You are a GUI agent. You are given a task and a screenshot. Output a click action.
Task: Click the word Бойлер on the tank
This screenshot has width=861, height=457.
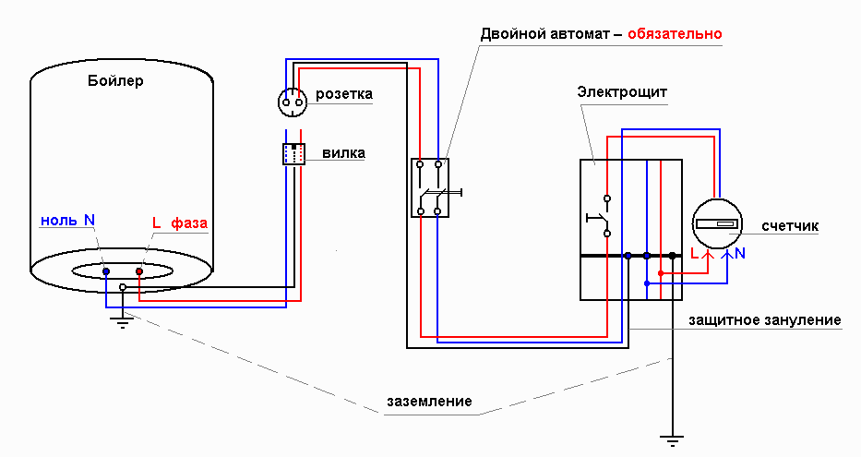coord(115,81)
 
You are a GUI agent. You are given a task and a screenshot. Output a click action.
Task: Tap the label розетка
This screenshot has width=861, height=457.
coord(343,94)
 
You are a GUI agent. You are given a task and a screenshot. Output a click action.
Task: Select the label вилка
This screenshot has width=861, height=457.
coord(343,153)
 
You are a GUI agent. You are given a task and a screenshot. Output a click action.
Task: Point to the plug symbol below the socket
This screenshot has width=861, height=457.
coord(293,154)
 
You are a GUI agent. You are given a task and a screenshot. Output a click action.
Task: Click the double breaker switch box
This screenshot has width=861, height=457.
coord(429,187)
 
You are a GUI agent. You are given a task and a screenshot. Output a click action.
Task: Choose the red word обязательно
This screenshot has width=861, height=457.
coord(675,34)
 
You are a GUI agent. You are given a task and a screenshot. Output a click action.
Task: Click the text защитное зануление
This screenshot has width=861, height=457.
coord(765,320)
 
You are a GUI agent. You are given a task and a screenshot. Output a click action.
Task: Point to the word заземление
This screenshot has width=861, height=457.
coord(429,402)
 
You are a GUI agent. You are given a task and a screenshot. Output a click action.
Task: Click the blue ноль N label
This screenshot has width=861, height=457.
coord(67,221)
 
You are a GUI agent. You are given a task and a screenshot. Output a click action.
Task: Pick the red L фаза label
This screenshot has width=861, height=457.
coord(179,222)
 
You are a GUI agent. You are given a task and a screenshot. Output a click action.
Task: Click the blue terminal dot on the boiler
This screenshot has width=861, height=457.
coord(106,271)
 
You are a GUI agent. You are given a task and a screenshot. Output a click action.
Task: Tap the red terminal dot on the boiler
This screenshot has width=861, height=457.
coord(139,271)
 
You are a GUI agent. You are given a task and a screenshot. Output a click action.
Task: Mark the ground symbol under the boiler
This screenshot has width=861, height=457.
coord(120,321)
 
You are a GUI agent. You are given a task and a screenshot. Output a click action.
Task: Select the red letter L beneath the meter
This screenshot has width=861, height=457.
coord(696,252)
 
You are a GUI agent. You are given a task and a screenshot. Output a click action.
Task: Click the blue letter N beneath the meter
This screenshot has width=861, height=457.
coord(740,252)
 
